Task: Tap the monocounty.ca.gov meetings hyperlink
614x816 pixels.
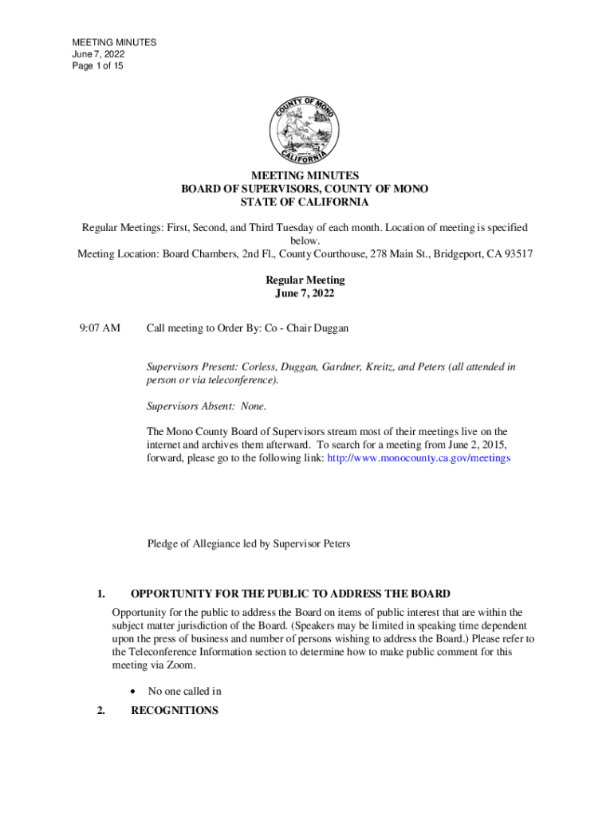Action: point(418,459)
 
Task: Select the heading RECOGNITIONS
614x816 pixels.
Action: point(174,710)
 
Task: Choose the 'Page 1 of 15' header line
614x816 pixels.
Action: point(98,66)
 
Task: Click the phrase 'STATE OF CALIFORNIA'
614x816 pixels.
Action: point(305,202)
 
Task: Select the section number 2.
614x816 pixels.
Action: point(100,710)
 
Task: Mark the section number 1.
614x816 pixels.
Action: point(100,594)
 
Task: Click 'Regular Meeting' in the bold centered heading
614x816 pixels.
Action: point(305,280)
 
